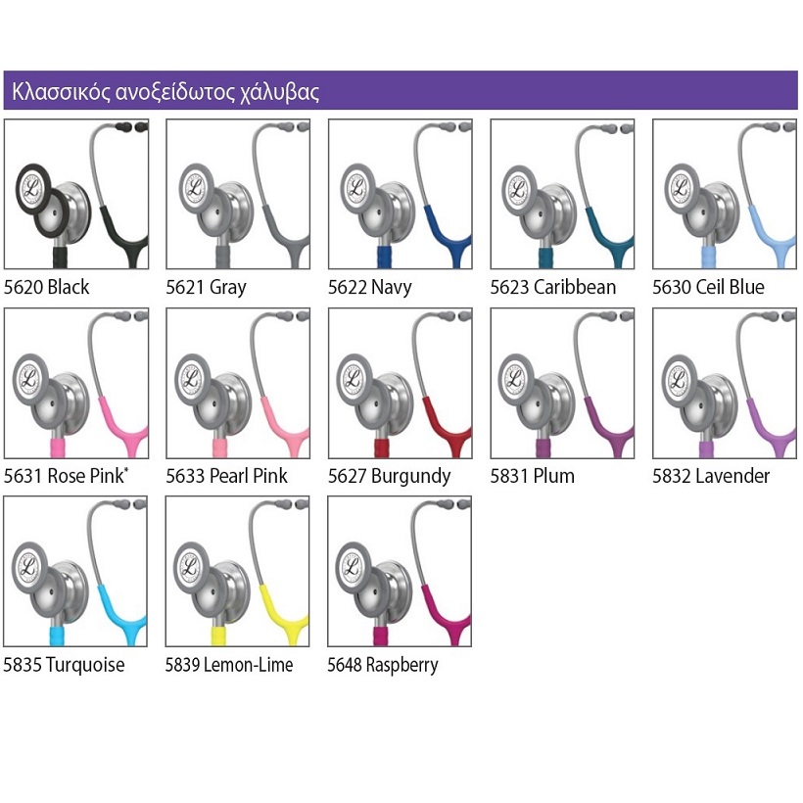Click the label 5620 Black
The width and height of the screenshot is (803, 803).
click(47, 287)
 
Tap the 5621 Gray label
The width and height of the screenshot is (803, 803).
click(206, 287)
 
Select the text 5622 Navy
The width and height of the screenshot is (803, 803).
click(370, 287)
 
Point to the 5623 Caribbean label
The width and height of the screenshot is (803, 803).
click(553, 287)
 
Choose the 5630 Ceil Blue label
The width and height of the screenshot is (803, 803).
click(708, 287)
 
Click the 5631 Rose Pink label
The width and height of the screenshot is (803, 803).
click(66, 476)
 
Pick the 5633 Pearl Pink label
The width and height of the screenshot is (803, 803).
click(226, 476)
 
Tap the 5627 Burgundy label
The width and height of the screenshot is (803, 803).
click(389, 476)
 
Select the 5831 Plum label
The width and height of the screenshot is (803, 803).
click(532, 476)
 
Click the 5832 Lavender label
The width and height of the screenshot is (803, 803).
click(711, 476)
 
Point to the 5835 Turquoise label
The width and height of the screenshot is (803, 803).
click(64, 665)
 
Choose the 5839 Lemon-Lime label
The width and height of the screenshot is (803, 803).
click(229, 665)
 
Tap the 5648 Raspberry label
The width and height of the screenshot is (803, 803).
click(383, 665)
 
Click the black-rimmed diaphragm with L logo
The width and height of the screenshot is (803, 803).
click(32, 188)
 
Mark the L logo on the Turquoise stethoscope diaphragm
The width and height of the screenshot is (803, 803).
click(28, 567)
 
